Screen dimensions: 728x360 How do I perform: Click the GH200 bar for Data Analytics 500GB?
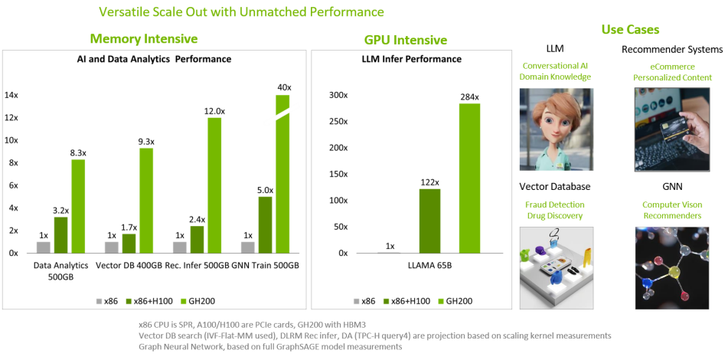[78, 206]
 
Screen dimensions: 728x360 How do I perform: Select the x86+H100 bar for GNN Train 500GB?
[265, 225]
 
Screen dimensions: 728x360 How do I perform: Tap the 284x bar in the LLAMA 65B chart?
[470, 178]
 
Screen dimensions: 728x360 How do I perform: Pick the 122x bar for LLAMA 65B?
[430, 221]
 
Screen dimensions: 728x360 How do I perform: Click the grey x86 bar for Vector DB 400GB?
[112, 247]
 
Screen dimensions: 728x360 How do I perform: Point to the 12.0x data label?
[214, 111]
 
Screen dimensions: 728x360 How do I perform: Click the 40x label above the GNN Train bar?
[284, 87]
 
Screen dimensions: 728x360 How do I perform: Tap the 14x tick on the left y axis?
[11, 95]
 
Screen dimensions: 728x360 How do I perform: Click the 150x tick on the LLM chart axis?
[338, 174]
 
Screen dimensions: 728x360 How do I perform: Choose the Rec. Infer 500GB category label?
[197, 266]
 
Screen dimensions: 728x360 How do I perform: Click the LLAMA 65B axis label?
[430, 266]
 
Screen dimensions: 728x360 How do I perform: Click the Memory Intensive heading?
[144, 38]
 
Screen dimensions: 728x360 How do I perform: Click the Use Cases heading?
[630, 30]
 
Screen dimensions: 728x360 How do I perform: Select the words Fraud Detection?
[555, 205]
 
